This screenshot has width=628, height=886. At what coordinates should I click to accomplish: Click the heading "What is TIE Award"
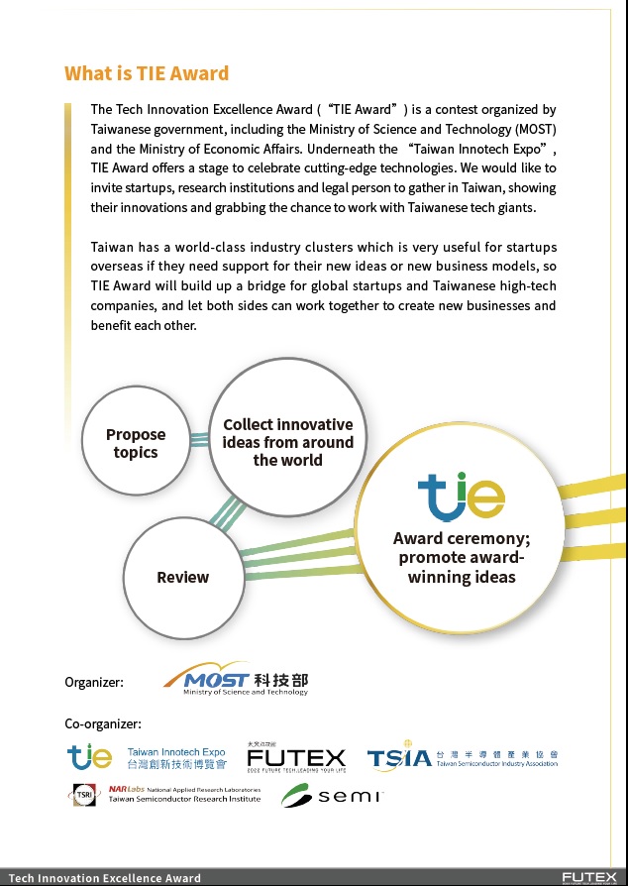click(x=147, y=73)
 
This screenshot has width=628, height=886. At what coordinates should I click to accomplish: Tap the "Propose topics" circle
click(x=136, y=443)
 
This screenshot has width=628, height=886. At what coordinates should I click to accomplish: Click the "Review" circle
click(x=183, y=577)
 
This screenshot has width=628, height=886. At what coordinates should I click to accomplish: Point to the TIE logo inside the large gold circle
click(x=461, y=495)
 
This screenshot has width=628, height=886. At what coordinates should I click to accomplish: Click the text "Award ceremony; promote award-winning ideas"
click(x=462, y=557)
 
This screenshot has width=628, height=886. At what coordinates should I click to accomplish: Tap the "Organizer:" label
click(x=94, y=682)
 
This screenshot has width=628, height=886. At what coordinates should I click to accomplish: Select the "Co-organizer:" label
click(x=103, y=723)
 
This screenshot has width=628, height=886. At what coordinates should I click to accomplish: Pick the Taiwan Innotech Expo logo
click(x=147, y=759)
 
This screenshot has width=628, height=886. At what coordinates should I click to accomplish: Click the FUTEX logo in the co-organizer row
click(x=296, y=758)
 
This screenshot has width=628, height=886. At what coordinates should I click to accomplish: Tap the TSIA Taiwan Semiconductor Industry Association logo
click(x=463, y=759)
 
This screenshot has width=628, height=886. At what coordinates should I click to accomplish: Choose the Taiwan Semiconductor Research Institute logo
click(x=164, y=795)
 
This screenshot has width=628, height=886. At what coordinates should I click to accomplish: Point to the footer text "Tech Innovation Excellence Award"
click(x=104, y=878)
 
